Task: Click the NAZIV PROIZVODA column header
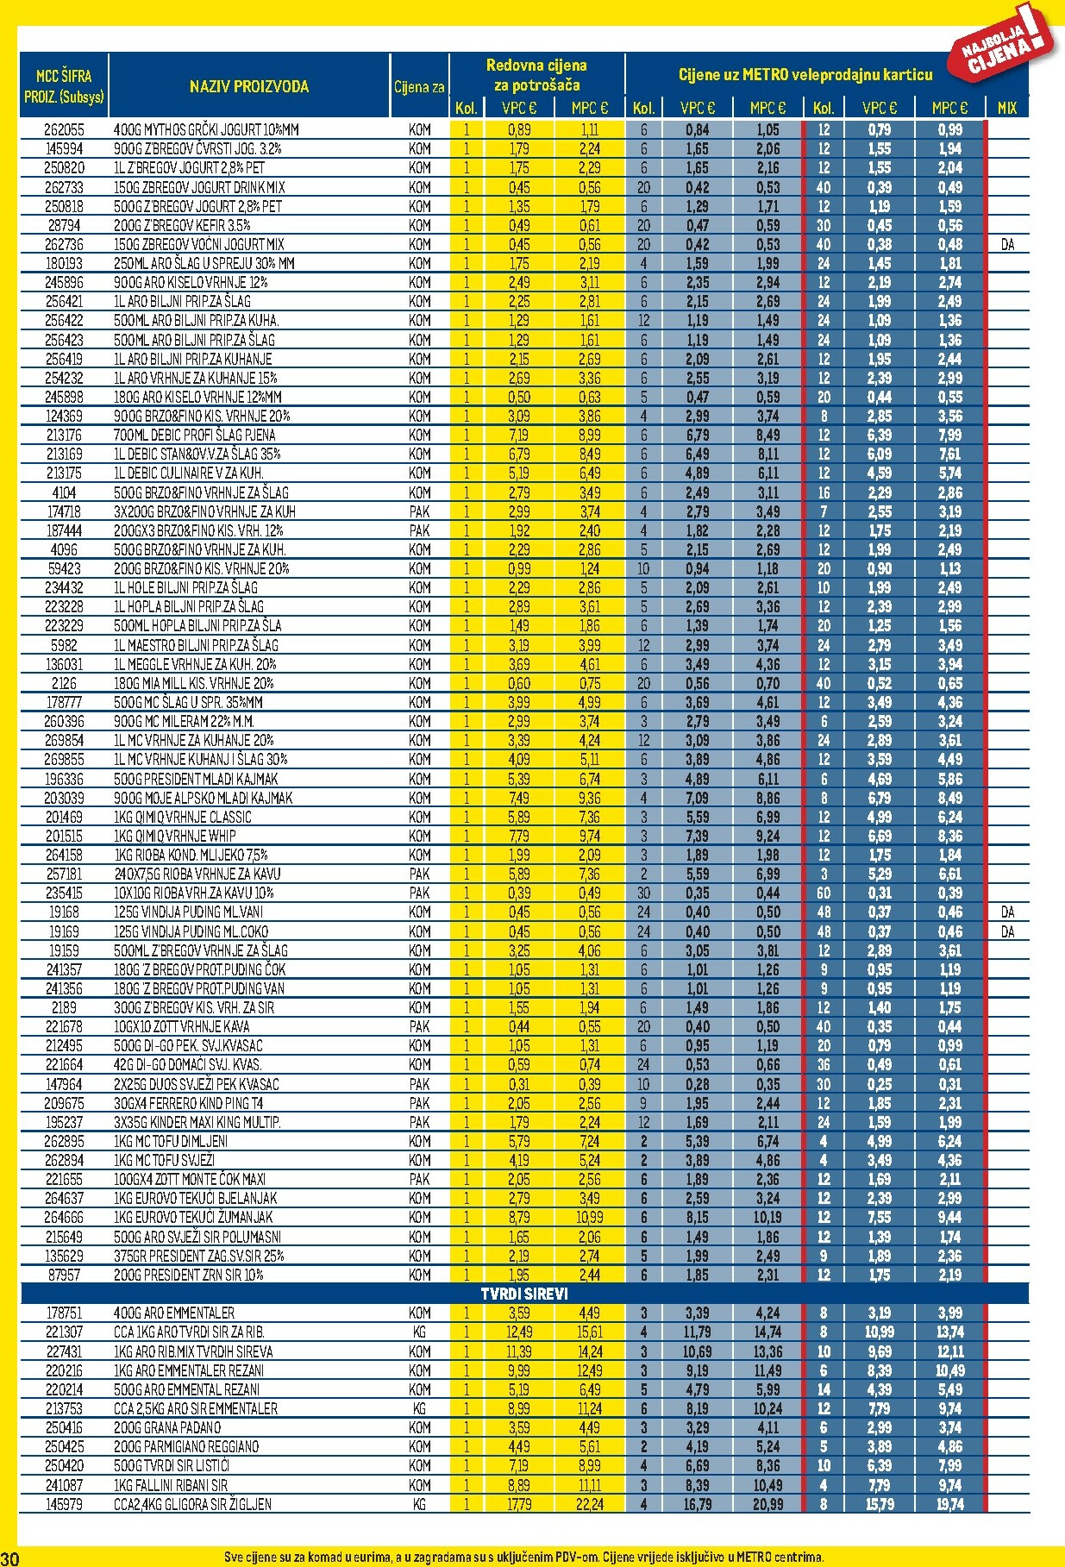pos(248,86)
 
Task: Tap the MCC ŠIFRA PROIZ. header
pos(64,86)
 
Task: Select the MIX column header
pos(1006,108)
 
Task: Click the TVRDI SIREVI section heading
pos(524,1294)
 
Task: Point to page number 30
pos(10,1558)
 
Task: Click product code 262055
pos(64,130)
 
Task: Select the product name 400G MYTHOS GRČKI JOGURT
pos(206,130)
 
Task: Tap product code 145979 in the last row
pos(64,1504)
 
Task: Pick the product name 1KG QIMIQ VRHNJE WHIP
pos(175,836)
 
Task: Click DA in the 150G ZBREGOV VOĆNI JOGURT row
pos(1007,245)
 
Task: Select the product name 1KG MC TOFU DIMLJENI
pos(171,1141)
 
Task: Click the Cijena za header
pos(419,87)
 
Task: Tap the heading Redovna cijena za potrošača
pos(536,75)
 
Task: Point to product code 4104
pos(64,492)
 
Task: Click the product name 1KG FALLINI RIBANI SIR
pos(171,1485)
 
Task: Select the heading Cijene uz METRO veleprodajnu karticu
pos(805,75)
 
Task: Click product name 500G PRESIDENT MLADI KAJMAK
pos(196,779)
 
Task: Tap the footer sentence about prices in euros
pos(524,1558)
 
